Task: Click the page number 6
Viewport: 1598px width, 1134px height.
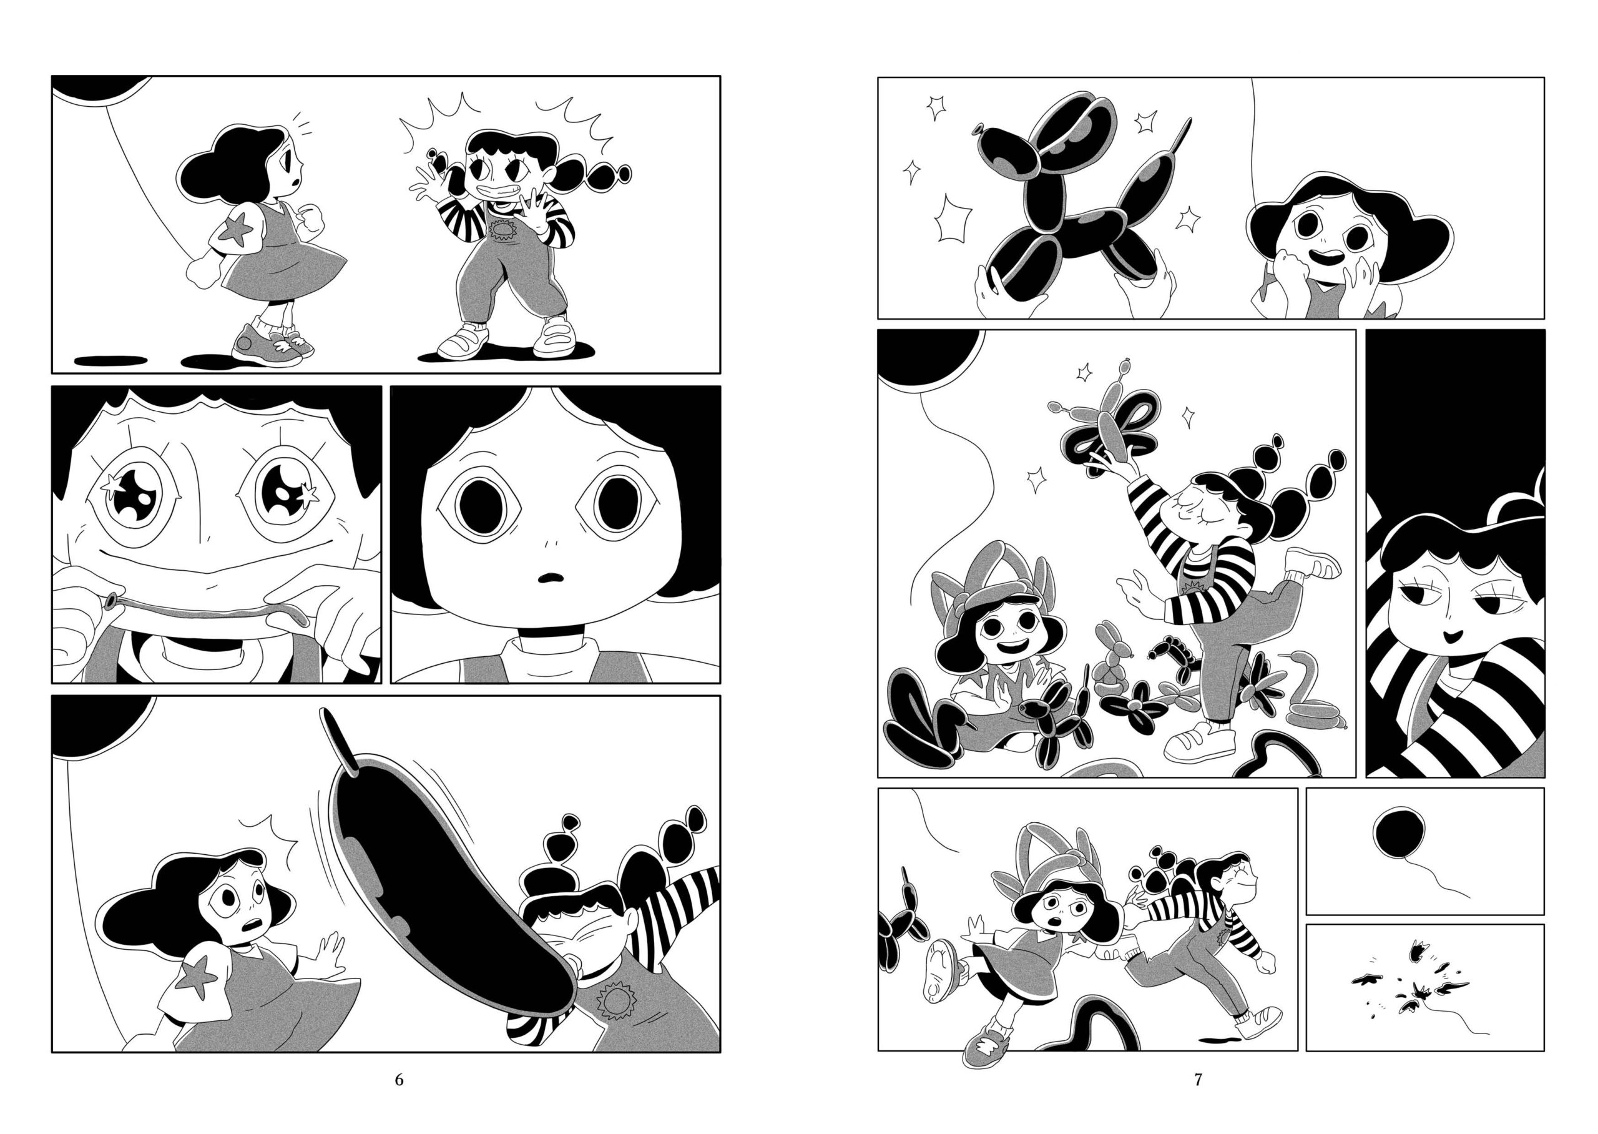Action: tap(399, 1080)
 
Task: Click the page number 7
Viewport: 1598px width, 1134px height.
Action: tap(1197, 1080)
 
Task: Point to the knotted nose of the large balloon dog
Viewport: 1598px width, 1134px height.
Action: tap(978, 131)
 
